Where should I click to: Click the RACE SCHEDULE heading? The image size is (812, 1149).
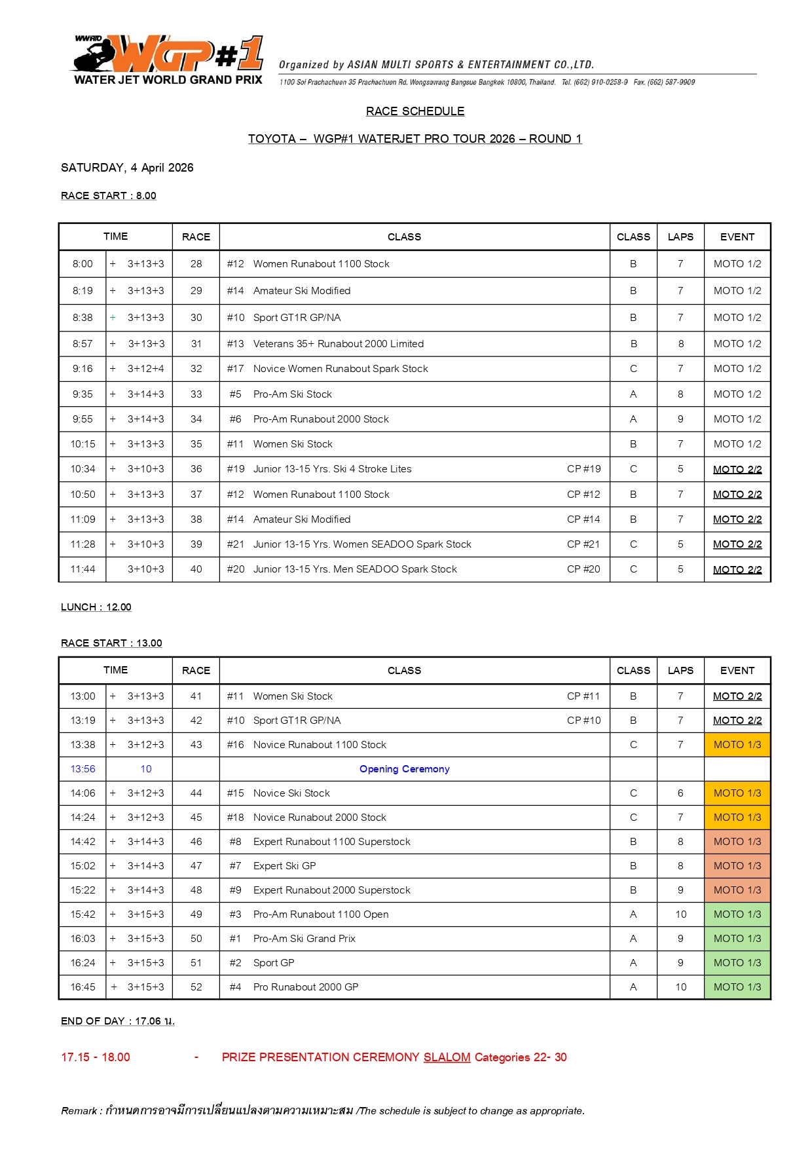pyautogui.click(x=415, y=111)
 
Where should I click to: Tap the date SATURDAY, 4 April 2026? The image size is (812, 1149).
pyautogui.click(x=127, y=168)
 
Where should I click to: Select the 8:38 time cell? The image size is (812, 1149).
pyautogui.click(x=83, y=318)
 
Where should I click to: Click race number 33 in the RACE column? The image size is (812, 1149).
pyautogui.click(x=196, y=394)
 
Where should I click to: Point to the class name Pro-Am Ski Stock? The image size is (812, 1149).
pyautogui.click(x=293, y=394)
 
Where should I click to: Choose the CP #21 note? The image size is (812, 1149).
pyautogui.click(x=583, y=544)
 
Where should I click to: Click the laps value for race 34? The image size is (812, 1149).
pyautogui.click(x=680, y=419)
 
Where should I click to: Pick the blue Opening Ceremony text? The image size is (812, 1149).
pyautogui.click(x=404, y=769)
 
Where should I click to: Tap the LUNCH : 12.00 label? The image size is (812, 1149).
pyautogui.click(x=96, y=607)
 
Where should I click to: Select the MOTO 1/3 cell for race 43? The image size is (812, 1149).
pyautogui.click(x=737, y=745)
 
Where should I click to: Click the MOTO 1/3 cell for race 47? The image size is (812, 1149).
pyautogui.click(x=737, y=866)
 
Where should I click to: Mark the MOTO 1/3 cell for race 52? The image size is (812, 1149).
pyautogui.click(x=737, y=987)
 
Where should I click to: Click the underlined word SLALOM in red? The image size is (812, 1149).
pyautogui.click(x=447, y=1057)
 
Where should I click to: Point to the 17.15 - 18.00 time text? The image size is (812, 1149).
pyautogui.click(x=96, y=1057)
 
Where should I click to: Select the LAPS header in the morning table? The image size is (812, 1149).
pyautogui.click(x=680, y=237)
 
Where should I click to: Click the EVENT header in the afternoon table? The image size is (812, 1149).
pyautogui.click(x=737, y=671)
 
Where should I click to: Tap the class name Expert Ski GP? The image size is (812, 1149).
pyautogui.click(x=285, y=866)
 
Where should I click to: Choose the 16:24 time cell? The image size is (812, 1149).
pyautogui.click(x=83, y=963)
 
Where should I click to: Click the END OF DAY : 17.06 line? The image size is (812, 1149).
pyautogui.click(x=118, y=1021)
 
